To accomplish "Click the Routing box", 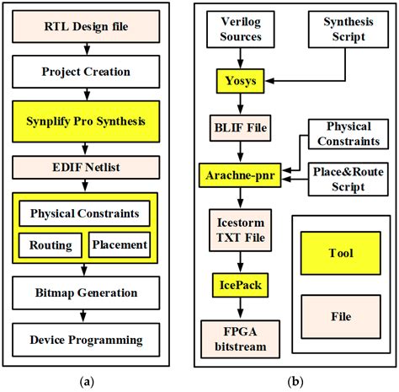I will (x=51, y=245).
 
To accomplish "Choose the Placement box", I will (x=119, y=245).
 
